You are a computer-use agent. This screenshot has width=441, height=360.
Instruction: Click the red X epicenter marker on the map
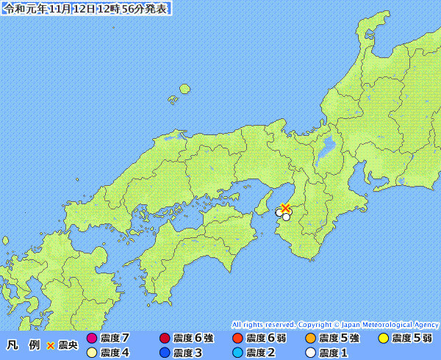tap(286, 208)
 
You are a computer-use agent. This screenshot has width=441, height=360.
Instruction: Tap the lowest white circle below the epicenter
tap(286, 217)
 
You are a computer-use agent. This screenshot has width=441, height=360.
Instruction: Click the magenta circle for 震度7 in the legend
tap(91, 339)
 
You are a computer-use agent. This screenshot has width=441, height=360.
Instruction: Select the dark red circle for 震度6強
tap(165, 339)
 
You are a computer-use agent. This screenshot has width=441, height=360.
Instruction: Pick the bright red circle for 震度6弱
tap(237, 339)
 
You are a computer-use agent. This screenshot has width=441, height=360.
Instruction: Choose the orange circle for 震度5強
tap(310, 339)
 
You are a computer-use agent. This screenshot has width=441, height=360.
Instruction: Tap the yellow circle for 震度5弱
tap(383, 339)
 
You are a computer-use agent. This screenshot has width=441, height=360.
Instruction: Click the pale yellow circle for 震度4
tap(91, 352)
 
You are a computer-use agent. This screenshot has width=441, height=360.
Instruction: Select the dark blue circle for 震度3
tap(165, 352)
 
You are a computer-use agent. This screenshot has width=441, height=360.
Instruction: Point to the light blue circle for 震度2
tap(237, 352)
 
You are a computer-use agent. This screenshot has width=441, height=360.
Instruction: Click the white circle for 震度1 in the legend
tap(310, 352)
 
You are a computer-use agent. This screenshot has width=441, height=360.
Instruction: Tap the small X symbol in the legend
tap(51, 345)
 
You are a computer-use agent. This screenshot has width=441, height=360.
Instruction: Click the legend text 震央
tap(68, 345)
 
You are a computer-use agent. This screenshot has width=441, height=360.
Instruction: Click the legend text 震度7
tap(115, 339)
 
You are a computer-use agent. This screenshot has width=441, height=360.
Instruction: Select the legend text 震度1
tap(334, 352)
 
